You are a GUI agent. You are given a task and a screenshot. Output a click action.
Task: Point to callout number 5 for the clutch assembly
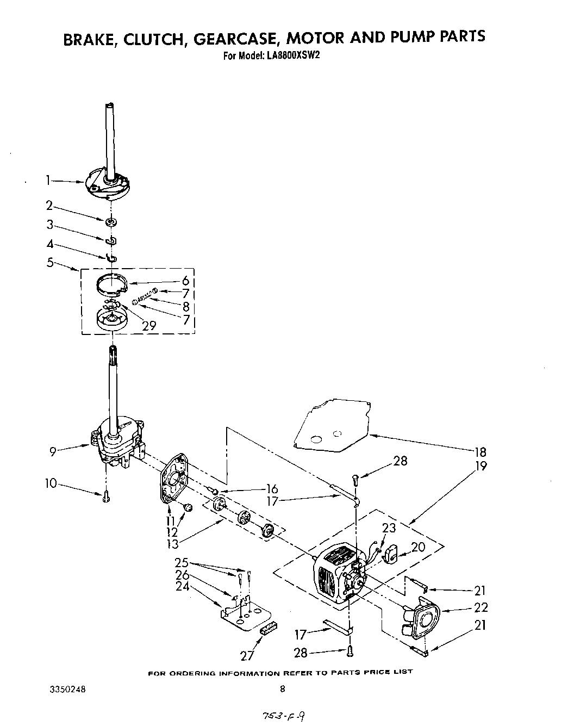51,263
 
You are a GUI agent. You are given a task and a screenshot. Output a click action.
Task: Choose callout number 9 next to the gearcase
53,451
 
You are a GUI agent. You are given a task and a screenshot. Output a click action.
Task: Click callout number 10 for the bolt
51,483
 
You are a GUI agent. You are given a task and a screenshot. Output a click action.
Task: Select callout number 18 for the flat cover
479,451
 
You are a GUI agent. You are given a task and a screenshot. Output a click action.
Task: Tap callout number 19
479,466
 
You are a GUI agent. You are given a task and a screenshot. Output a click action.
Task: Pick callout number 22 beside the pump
481,607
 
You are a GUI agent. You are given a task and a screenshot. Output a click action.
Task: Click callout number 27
247,655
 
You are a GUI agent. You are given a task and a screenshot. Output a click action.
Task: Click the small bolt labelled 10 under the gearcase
106,496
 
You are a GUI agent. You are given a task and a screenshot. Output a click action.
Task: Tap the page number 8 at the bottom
282,690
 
